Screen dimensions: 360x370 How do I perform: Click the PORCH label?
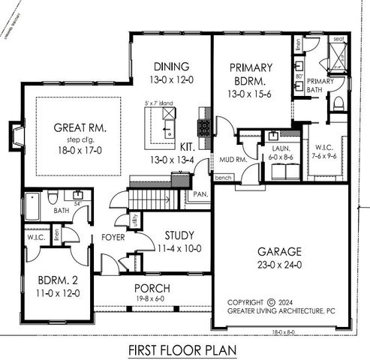click(152, 288)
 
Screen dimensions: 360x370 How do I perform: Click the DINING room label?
click(170, 66)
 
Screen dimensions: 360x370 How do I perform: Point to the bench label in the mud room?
click(222, 178)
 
